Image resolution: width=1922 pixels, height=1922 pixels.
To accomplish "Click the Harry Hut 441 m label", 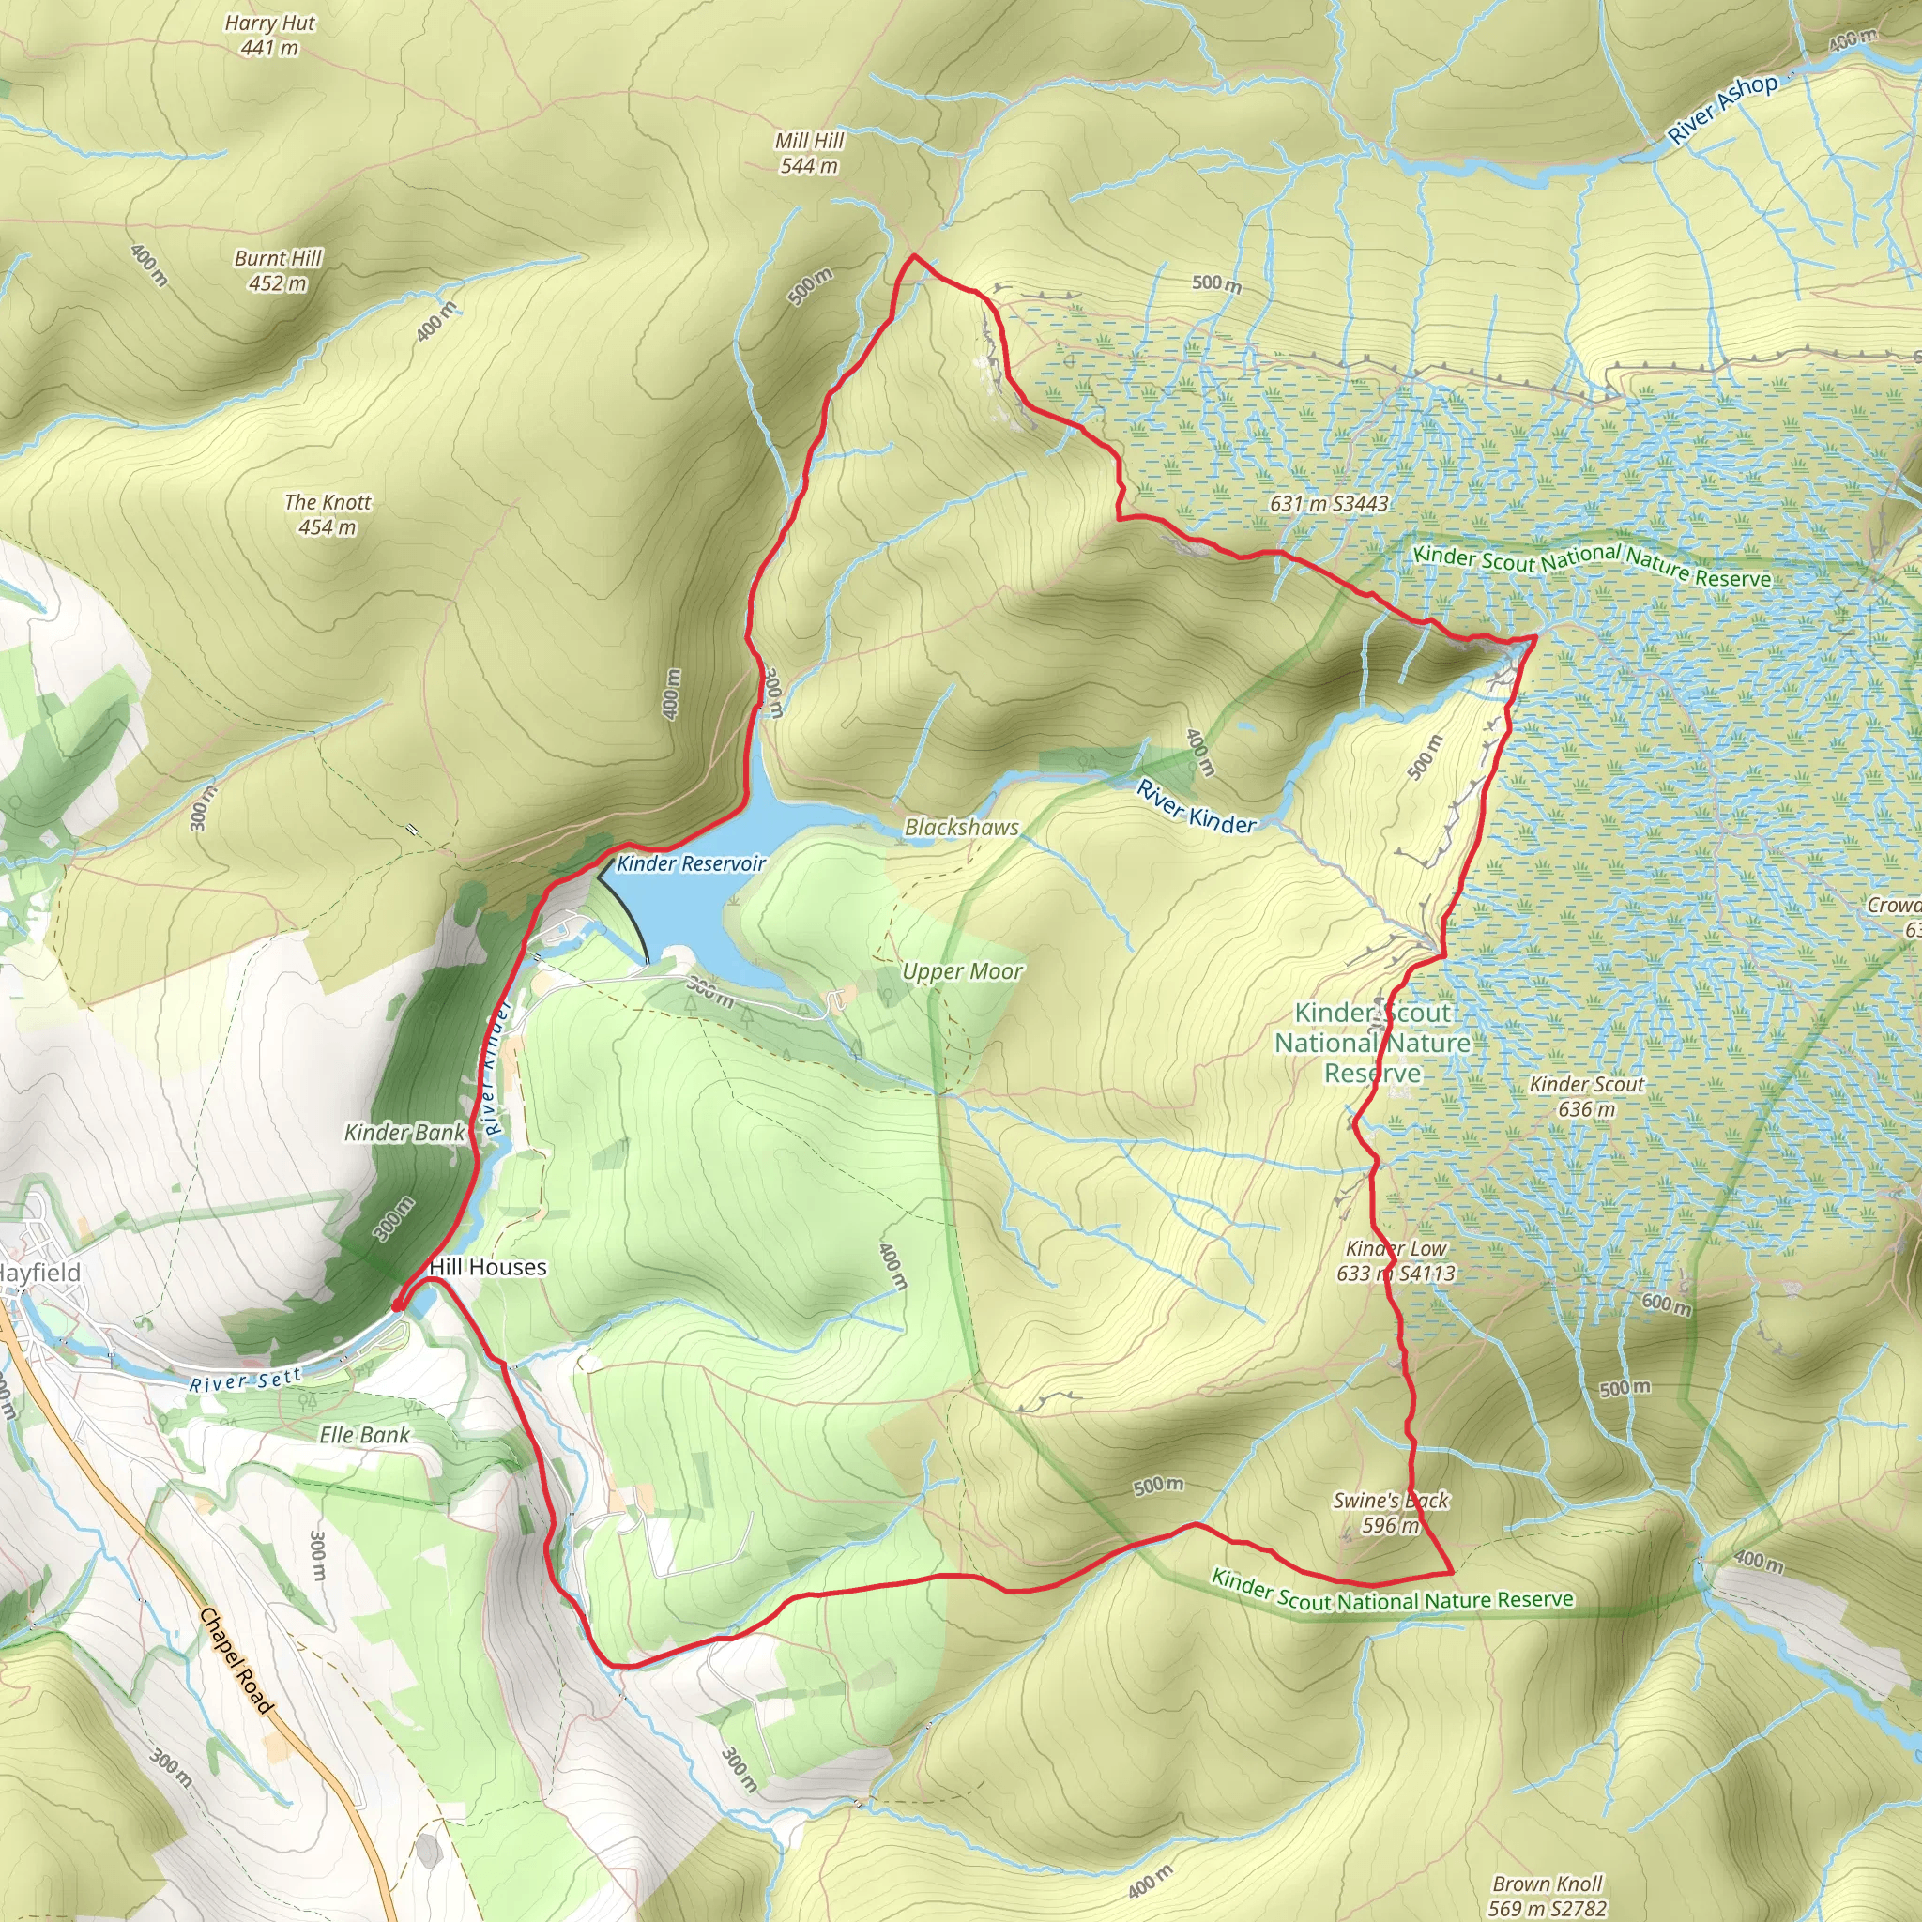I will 269,35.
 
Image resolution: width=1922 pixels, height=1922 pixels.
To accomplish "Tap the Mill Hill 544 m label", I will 809,153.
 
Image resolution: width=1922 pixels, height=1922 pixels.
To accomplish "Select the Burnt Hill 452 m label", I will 278,270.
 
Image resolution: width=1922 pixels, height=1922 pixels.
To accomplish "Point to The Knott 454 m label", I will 328,514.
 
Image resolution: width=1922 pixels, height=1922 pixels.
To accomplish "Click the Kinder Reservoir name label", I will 692,863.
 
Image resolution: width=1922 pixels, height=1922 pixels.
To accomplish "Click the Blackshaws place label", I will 961,827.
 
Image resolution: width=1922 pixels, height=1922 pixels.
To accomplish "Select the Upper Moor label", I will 962,971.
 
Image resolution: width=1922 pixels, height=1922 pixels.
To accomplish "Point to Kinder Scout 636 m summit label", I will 1587,1096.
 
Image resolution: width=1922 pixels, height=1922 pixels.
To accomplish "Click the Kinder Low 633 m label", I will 1396,1260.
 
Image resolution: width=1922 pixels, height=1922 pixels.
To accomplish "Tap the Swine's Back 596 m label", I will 1391,1512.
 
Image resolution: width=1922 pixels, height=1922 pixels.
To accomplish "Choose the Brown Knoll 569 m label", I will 1547,1895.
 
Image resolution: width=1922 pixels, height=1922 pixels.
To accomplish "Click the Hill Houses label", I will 487,1267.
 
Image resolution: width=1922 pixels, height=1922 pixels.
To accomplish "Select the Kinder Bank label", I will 404,1132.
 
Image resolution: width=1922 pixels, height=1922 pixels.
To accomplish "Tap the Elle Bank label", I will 364,1435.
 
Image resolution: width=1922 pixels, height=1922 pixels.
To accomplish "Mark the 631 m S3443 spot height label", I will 1329,503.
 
